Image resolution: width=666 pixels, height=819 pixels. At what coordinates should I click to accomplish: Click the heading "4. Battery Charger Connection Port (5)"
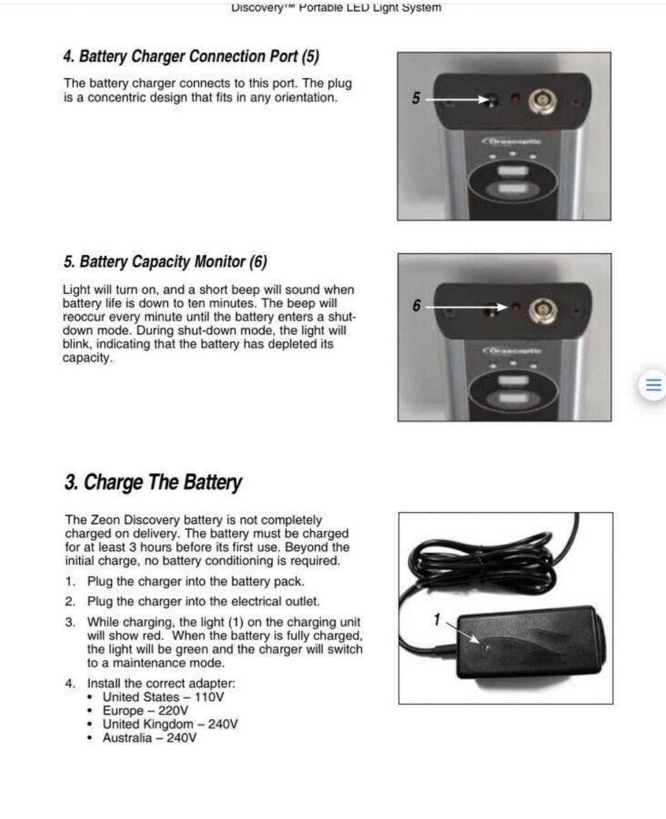pos(191,57)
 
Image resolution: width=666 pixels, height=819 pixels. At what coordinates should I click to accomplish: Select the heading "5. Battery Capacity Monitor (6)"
pos(165,262)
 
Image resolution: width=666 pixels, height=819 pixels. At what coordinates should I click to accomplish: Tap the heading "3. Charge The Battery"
pos(153,483)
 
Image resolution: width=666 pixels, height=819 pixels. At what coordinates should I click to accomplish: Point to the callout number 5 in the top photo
pos(416,98)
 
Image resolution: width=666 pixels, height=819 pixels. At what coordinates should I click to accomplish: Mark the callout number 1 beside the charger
pos(437,620)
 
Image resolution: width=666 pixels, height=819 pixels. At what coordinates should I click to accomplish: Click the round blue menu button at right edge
pos(652,384)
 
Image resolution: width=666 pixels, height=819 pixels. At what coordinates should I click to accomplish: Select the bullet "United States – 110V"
pos(163,697)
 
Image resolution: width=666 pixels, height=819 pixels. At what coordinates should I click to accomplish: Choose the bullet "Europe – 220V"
pos(145,710)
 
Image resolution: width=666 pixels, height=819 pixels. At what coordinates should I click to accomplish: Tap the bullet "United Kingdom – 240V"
pos(170,724)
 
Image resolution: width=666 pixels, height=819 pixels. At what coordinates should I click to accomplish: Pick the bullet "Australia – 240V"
pos(150,738)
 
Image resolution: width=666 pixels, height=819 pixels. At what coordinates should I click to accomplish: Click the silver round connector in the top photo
pos(541,100)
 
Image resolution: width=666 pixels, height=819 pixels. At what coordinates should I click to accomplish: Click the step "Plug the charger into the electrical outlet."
pos(204,602)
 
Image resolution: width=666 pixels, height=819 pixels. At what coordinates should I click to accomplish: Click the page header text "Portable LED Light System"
pos(369,8)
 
